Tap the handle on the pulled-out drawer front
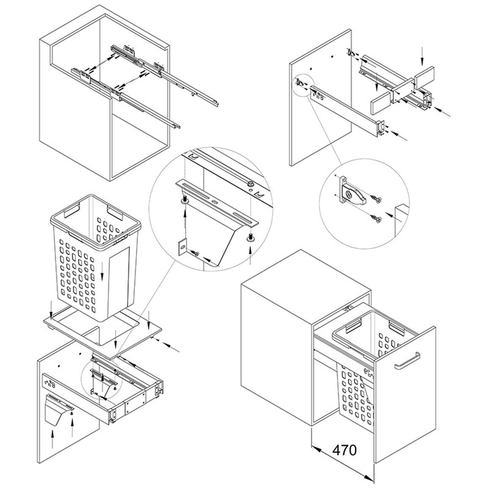click(407, 361)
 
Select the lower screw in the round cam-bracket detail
click(376, 219)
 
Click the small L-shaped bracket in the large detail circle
click(182, 247)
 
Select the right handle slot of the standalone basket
click(115, 211)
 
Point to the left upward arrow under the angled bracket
click(53, 439)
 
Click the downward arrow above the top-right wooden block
click(422, 56)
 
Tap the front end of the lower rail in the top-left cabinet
click(177, 126)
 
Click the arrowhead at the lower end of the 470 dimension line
click(370, 477)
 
